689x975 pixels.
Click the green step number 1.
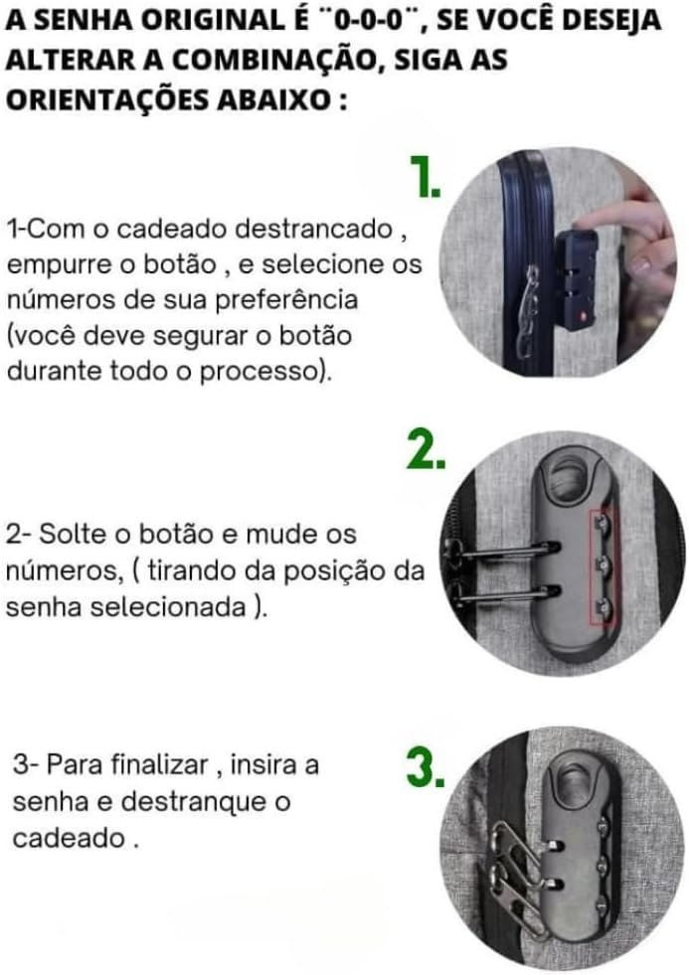point(426,177)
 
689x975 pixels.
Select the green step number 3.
point(426,766)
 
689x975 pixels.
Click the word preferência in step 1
point(286,300)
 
